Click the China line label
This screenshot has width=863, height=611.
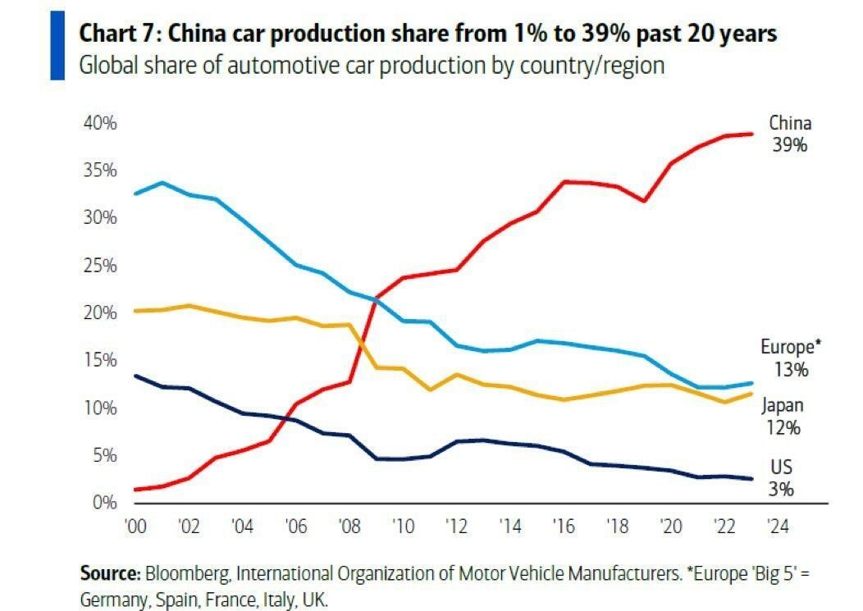pyautogui.click(x=790, y=124)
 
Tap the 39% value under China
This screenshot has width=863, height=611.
pyautogui.click(x=790, y=145)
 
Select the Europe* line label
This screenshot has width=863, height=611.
pyautogui.click(x=791, y=347)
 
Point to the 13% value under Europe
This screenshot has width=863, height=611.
pyautogui.click(x=791, y=369)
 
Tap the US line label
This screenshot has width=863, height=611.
pyautogui.click(x=781, y=467)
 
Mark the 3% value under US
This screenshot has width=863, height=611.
pyautogui.click(x=781, y=490)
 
